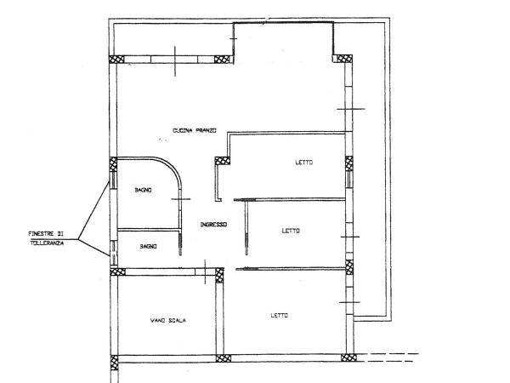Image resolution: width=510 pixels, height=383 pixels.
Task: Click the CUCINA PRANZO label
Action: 195,130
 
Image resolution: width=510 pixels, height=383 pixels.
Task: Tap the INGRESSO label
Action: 213,225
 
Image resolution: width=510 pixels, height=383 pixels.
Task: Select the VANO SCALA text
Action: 167,321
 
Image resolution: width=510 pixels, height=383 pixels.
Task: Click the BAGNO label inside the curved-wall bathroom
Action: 143,190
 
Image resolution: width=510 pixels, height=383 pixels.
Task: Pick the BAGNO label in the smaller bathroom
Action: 148,247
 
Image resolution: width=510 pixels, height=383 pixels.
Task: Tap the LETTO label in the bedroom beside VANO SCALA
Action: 280,316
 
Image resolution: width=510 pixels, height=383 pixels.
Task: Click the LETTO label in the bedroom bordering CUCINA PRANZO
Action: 304,163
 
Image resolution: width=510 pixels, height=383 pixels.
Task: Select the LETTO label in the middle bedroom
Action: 291,231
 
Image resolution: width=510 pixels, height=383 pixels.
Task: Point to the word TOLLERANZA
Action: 47,243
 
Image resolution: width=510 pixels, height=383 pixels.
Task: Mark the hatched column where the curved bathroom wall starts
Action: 113,164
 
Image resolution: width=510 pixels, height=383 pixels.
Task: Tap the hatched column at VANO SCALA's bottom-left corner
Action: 114,363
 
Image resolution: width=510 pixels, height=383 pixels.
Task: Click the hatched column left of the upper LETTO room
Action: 223,161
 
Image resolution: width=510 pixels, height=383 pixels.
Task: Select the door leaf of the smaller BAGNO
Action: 180,242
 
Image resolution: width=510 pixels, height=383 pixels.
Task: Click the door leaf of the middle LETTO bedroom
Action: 246,227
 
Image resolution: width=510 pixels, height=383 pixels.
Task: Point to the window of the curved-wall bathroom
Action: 113,180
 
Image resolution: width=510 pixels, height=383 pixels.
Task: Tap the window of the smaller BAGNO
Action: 113,253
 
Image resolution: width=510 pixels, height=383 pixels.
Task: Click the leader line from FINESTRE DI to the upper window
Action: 93,210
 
